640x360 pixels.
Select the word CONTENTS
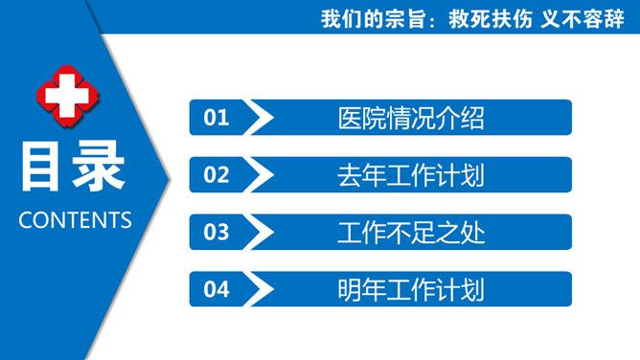point(75,219)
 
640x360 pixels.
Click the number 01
point(217,118)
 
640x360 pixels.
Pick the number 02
point(217,174)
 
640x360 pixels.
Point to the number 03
point(217,232)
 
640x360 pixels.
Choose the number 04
point(217,289)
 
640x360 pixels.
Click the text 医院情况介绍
point(411,118)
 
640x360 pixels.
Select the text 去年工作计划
point(411,175)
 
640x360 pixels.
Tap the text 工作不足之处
point(411,232)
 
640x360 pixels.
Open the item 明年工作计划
point(411,289)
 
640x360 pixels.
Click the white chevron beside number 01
point(259,118)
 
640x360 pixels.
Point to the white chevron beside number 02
point(259,174)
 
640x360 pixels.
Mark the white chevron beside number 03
point(259,232)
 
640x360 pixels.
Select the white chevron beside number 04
point(259,289)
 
